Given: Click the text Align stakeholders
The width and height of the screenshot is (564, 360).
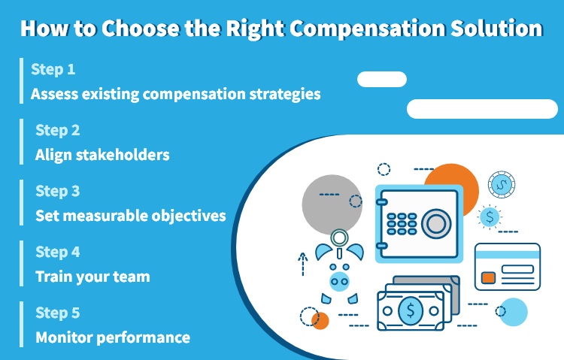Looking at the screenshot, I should [102, 155].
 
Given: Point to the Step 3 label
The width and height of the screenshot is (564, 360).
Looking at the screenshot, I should [57, 191].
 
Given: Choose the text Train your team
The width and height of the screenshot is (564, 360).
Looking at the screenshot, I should [92, 277].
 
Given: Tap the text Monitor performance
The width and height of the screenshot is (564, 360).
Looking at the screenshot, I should [113, 337].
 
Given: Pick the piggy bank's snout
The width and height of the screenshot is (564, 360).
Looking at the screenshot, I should [340, 282].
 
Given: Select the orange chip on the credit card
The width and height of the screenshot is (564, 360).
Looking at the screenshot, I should [488, 278].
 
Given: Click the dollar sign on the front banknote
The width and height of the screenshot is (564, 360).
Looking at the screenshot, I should [411, 310].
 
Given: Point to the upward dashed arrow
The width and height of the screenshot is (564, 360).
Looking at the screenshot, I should [303, 265].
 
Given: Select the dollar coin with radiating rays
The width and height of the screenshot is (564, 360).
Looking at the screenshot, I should [490, 217].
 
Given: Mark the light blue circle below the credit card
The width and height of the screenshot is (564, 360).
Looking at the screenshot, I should [514, 312].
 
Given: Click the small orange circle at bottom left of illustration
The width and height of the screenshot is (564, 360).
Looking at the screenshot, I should [321, 322].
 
